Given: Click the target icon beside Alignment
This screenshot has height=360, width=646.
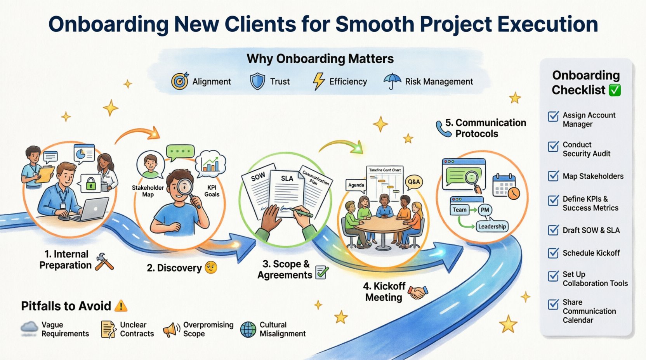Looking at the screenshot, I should pyautogui.click(x=180, y=81).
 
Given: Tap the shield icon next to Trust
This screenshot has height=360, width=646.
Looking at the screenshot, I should pyautogui.click(x=257, y=81).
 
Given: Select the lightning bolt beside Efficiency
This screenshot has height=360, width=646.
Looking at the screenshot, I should pyautogui.click(x=318, y=81).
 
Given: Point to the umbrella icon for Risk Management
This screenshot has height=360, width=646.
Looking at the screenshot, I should pyautogui.click(x=392, y=81).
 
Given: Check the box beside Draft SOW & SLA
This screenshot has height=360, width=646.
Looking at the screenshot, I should pyautogui.click(x=553, y=230).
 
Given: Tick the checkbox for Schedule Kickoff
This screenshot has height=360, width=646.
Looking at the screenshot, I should pyautogui.click(x=553, y=253).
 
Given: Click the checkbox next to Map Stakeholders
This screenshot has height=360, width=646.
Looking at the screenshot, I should pyautogui.click(x=553, y=176).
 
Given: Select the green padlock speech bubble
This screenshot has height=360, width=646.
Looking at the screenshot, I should pyautogui.click(x=90, y=183).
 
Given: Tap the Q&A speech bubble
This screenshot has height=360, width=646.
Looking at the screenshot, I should pyautogui.click(x=413, y=182).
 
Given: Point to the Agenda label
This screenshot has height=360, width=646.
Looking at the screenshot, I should pyautogui.click(x=356, y=185).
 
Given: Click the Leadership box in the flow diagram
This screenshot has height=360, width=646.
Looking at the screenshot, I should pyautogui.click(x=492, y=227).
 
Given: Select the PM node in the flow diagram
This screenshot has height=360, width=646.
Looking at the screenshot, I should pyautogui.click(x=484, y=210).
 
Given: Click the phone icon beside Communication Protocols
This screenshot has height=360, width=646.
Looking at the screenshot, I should pyautogui.click(x=443, y=128).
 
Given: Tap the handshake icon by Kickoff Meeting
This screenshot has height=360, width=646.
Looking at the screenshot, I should pyautogui.click(x=418, y=292).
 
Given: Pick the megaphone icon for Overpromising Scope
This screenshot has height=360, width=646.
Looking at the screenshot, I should pyautogui.click(x=171, y=329).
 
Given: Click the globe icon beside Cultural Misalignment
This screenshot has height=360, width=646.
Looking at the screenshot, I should pyautogui.click(x=248, y=329).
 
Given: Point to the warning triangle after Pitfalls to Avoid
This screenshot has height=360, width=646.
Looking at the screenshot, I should pyautogui.click(x=121, y=306).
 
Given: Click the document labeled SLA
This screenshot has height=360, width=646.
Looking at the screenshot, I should pyautogui.click(x=287, y=190).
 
